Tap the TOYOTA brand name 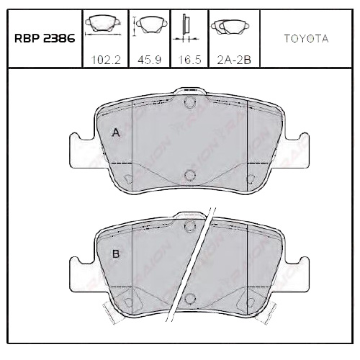(x=306, y=39)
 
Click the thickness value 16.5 (x=187, y=60)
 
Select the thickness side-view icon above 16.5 (x=185, y=26)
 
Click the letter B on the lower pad (x=115, y=254)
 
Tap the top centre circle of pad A (x=189, y=103)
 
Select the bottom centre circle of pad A (x=189, y=174)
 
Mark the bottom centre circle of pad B (x=189, y=299)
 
